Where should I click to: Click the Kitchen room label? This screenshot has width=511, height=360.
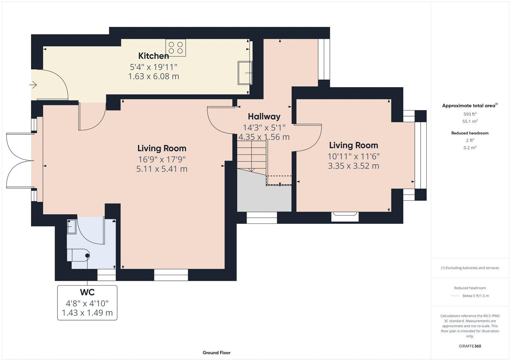click(x=154, y=56)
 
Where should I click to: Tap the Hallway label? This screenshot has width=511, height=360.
click(x=264, y=116)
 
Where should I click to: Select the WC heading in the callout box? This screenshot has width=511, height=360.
click(x=87, y=292)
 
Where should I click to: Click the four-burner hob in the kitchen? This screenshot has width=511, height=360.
click(x=176, y=48)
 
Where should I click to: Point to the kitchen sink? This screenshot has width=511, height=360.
click(x=245, y=73)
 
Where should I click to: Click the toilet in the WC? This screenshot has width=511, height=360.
click(x=78, y=256)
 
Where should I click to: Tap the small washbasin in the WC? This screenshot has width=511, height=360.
click(x=72, y=227)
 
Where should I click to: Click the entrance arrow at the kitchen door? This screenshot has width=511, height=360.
click(x=33, y=85)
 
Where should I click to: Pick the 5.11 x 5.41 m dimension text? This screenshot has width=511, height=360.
click(x=162, y=169)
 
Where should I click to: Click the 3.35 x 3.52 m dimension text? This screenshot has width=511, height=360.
click(x=353, y=166)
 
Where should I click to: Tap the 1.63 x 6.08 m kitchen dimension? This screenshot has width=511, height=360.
click(x=154, y=76)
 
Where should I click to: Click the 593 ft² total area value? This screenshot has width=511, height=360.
click(x=470, y=114)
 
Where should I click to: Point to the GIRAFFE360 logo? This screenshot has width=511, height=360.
click(x=470, y=346)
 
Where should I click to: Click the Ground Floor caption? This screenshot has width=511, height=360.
click(x=217, y=353)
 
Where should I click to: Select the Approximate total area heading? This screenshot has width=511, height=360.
click(x=470, y=105)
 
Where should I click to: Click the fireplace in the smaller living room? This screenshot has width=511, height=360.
click(x=345, y=216)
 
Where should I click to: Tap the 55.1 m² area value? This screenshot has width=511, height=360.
click(x=470, y=121)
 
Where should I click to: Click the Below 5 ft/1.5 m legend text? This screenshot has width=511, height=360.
click(x=476, y=296)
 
